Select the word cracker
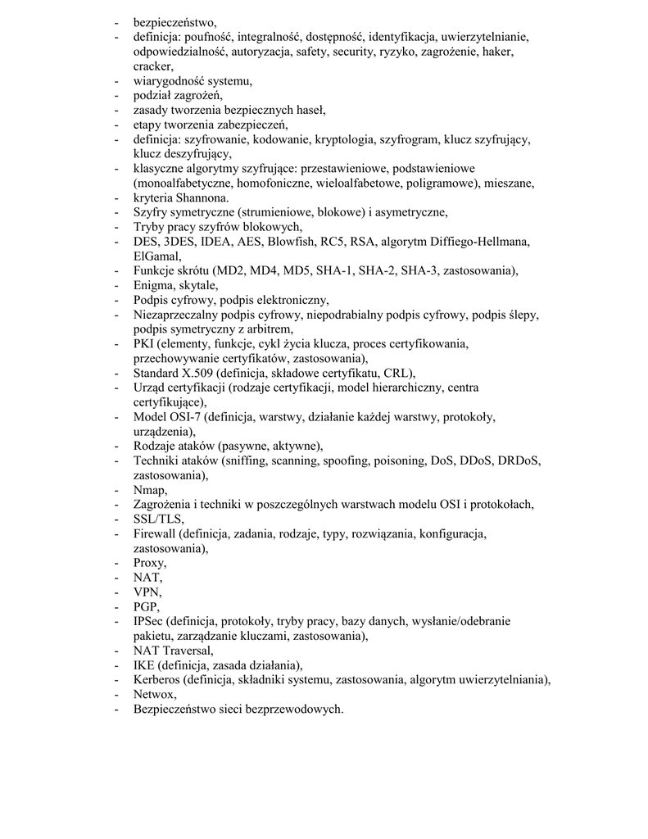[153, 66]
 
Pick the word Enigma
[154, 285]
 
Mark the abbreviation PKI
[144, 344]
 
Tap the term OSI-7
[184, 417]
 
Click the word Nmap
[149, 490]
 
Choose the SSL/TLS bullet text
[158, 519]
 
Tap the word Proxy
[149, 563]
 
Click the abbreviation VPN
[147, 592]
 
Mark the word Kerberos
[156, 680]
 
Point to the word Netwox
[154, 694]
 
